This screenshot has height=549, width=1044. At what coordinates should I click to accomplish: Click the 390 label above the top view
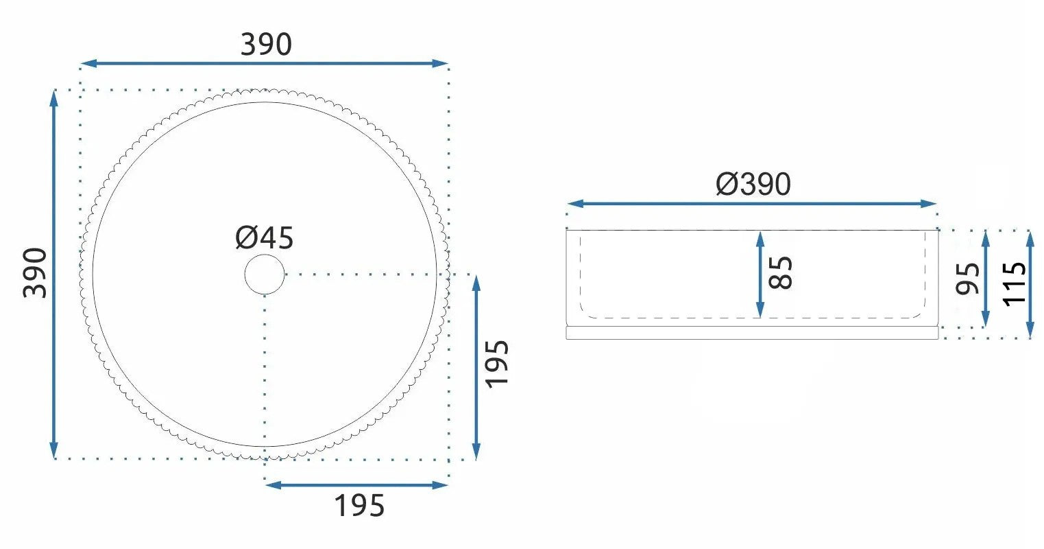point(266,45)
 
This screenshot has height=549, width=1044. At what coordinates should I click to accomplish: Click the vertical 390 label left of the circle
point(35,273)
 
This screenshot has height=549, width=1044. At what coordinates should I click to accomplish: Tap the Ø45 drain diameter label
point(265,237)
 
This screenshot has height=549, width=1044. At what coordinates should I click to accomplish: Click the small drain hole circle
point(265,274)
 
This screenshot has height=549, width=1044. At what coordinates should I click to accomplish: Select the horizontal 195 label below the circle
point(359,506)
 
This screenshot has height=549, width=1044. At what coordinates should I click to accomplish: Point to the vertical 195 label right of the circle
point(497,364)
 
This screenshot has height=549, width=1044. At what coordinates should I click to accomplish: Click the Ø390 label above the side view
point(753,184)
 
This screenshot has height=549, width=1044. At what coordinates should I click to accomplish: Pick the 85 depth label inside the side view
point(780,273)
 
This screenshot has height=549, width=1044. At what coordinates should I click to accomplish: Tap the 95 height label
point(967,279)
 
